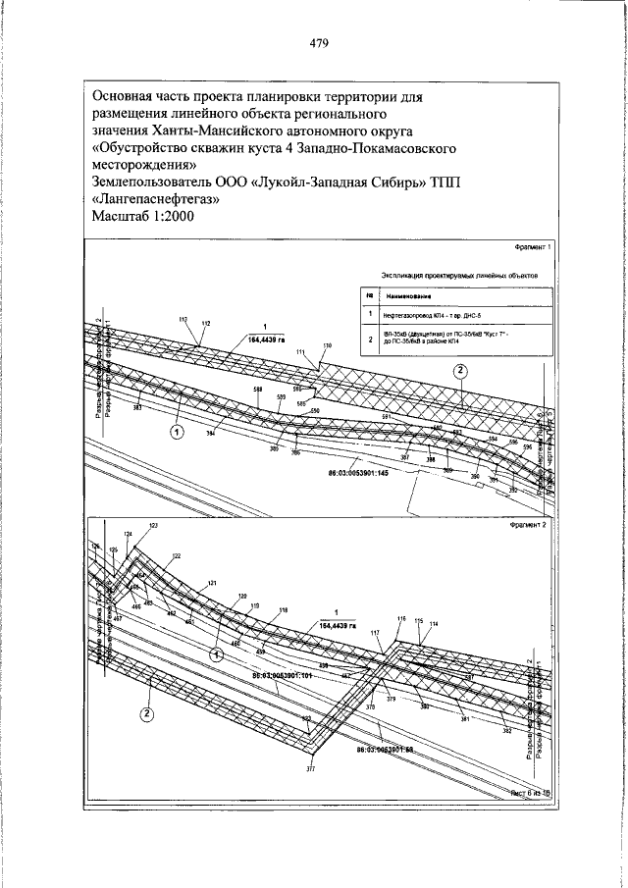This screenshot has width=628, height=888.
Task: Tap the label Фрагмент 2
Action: point(531,525)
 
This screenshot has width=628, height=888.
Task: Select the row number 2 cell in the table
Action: point(368,340)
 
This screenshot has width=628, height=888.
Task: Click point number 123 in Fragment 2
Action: point(153,527)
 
